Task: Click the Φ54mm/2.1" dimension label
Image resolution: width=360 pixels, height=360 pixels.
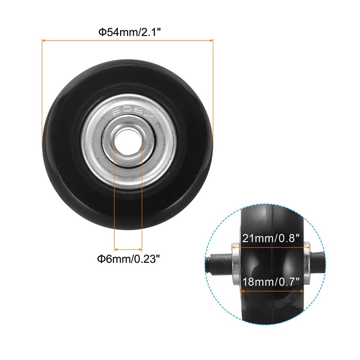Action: (x=129, y=32)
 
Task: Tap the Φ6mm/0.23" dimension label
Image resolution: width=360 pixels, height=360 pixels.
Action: (x=128, y=259)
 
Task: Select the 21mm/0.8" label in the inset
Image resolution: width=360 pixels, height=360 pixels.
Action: (x=271, y=238)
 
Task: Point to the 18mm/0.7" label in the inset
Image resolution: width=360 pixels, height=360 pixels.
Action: (x=271, y=282)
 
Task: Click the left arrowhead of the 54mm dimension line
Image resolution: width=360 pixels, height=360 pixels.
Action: (x=44, y=40)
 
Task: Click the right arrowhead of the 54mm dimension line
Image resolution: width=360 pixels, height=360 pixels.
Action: (x=211, y=40)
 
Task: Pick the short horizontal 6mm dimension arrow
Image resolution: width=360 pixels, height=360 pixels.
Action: (x=128, y=249)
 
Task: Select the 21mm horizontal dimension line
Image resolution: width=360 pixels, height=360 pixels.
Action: (x=271, y=247)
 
